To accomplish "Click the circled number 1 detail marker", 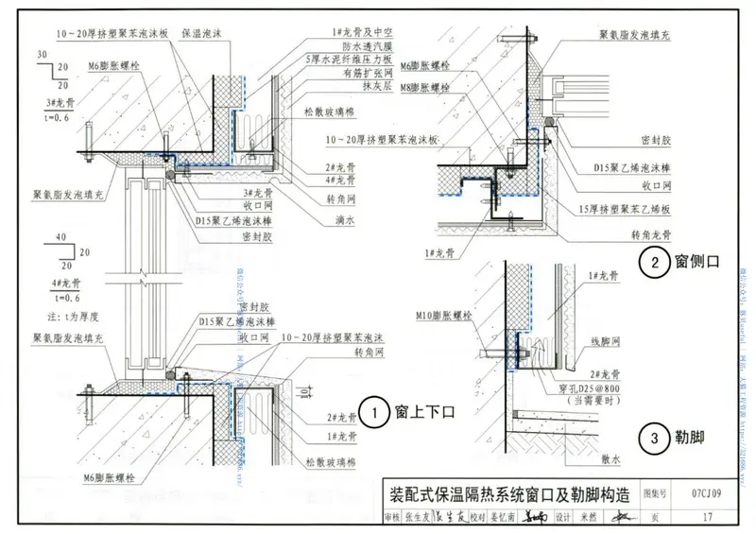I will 375,413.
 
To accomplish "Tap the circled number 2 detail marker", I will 651,264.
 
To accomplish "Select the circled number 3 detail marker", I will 651,437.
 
